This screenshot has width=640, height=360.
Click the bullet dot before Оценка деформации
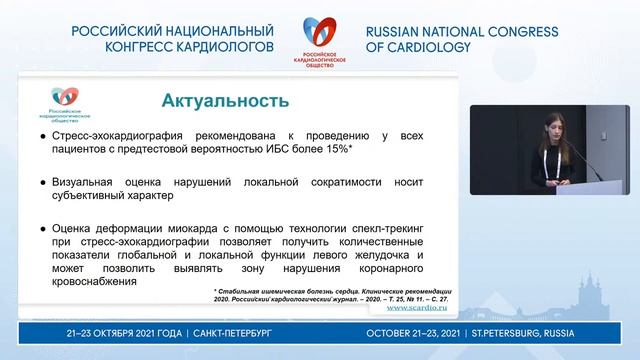click(43, 228)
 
